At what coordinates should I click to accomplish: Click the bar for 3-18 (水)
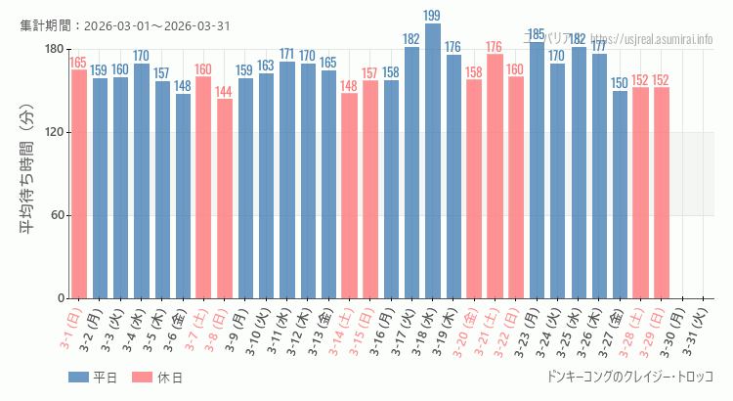tap(432, 161)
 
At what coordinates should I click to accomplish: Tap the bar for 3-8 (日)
tap(225, 199)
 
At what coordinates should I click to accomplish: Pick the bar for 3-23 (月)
tap(536, 171)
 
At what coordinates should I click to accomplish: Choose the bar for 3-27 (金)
tap(620, 195)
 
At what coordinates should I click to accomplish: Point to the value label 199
tap(432, 16)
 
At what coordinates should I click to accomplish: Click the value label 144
tap(225, 92)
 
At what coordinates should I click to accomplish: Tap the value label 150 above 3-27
tap(620, 83)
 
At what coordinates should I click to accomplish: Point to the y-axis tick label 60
tap(55, 215)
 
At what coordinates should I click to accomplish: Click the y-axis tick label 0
tap(59, 298)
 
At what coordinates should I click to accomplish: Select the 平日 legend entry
tap(93, 378)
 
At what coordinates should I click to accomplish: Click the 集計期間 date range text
tap(125, 25)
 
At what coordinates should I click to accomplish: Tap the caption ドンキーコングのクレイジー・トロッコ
tap(631, 377)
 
